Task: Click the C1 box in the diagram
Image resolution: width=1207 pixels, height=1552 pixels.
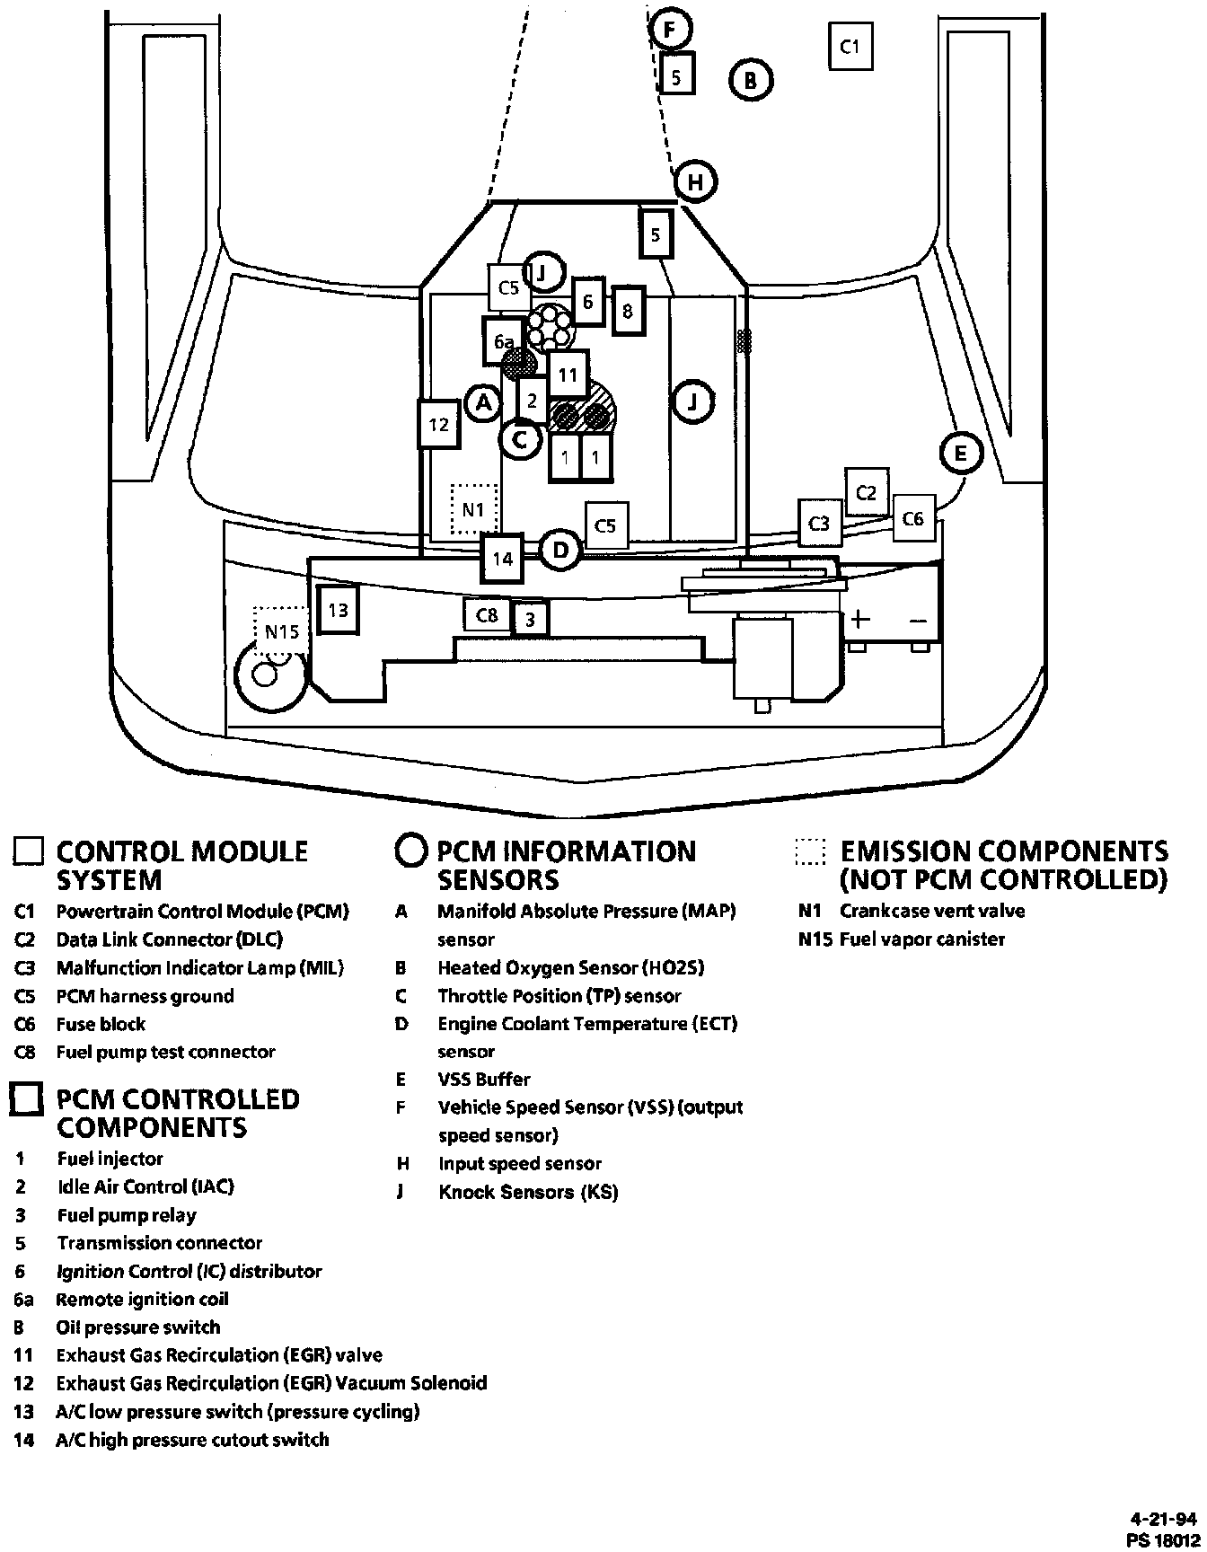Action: click(x=850, y=46)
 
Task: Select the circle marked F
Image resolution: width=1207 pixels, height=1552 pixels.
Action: click(x=669, y=30)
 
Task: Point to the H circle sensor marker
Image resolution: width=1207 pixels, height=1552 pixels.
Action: click(x=695, y=182)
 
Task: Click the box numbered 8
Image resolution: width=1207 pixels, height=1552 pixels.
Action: click(x=628, y=311)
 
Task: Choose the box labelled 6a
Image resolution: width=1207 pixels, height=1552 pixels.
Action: click(x=504, y=341)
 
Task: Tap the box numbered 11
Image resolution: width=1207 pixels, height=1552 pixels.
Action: click(x=568, y=375)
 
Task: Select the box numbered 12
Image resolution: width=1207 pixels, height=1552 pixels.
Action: click(x=439, y=423)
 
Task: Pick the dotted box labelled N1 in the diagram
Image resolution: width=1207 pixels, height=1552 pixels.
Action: click(x=473, y=509)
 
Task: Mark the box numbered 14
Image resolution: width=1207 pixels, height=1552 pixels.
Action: click(x=503, y=559)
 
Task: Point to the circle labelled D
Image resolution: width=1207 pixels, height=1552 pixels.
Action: click(x=560, y=550)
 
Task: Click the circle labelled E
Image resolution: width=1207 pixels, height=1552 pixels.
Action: click(x=961, y=453)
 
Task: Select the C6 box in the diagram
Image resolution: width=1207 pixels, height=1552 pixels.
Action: click(x=912, y=519)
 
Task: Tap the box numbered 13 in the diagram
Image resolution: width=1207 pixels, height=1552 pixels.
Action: click(x=339, y=611)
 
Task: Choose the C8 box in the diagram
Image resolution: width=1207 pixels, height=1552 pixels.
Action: click(x=487, y=615)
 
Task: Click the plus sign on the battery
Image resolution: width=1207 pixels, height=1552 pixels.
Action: click(x=860, y=619)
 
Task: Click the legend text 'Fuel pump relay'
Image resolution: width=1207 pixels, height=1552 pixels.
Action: click(x=127, y=1215)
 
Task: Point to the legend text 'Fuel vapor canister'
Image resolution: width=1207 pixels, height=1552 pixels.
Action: click(x=921, y=939)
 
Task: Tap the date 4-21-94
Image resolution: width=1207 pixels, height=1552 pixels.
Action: click(x=1163, y=1520)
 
